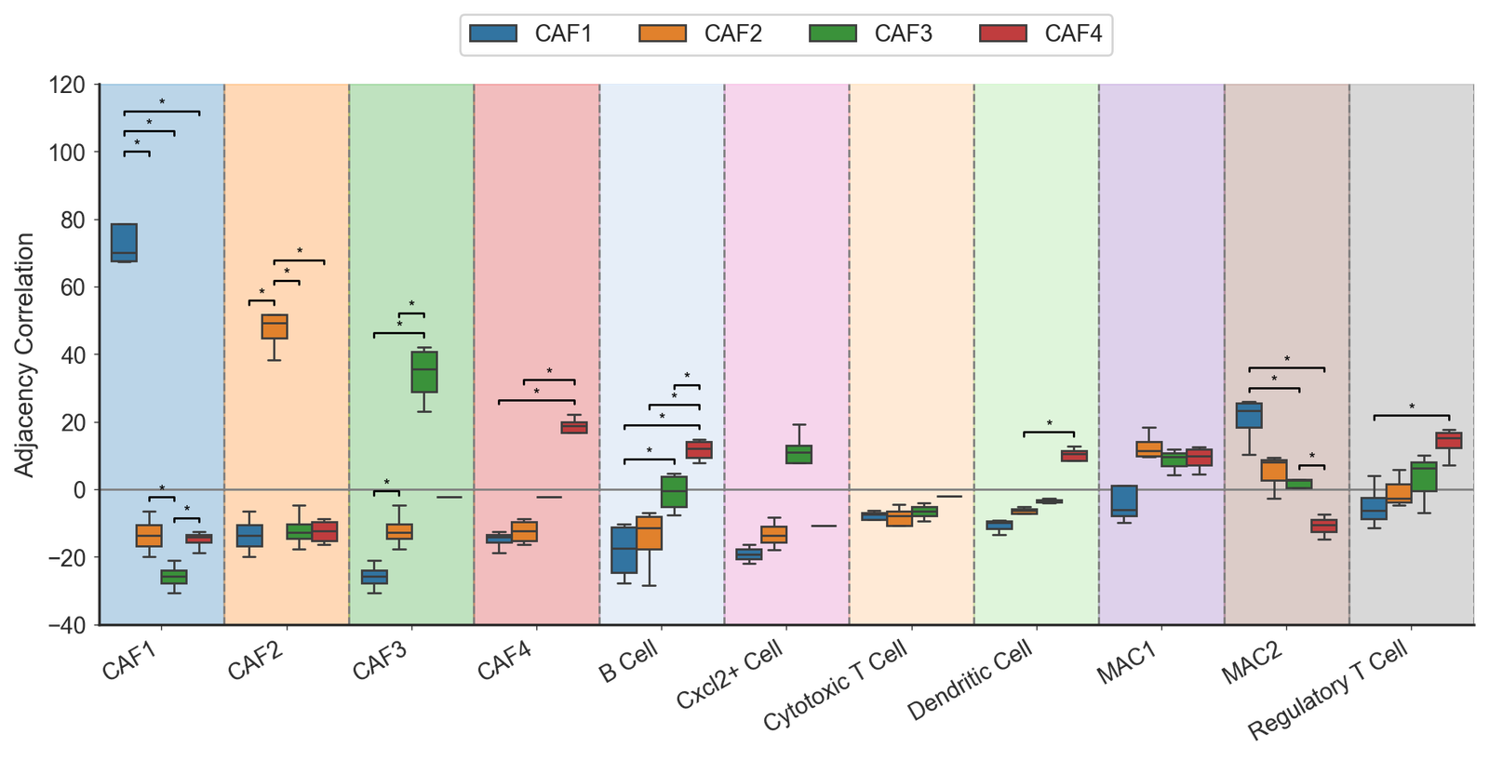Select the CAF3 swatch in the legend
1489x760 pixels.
832,34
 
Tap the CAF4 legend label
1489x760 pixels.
1073,34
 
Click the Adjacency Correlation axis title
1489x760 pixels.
25,354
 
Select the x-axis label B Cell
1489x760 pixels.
628,662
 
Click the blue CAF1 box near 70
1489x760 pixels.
124,243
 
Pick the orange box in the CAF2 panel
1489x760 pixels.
274,327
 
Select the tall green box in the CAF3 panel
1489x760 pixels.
424,372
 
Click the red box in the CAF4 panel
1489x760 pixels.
574,427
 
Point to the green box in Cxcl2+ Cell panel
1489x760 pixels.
798,454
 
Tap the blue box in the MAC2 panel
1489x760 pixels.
1249,415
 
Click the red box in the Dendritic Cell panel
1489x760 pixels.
1074,456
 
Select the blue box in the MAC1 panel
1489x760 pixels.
1124,500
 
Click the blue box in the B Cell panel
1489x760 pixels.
624,550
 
